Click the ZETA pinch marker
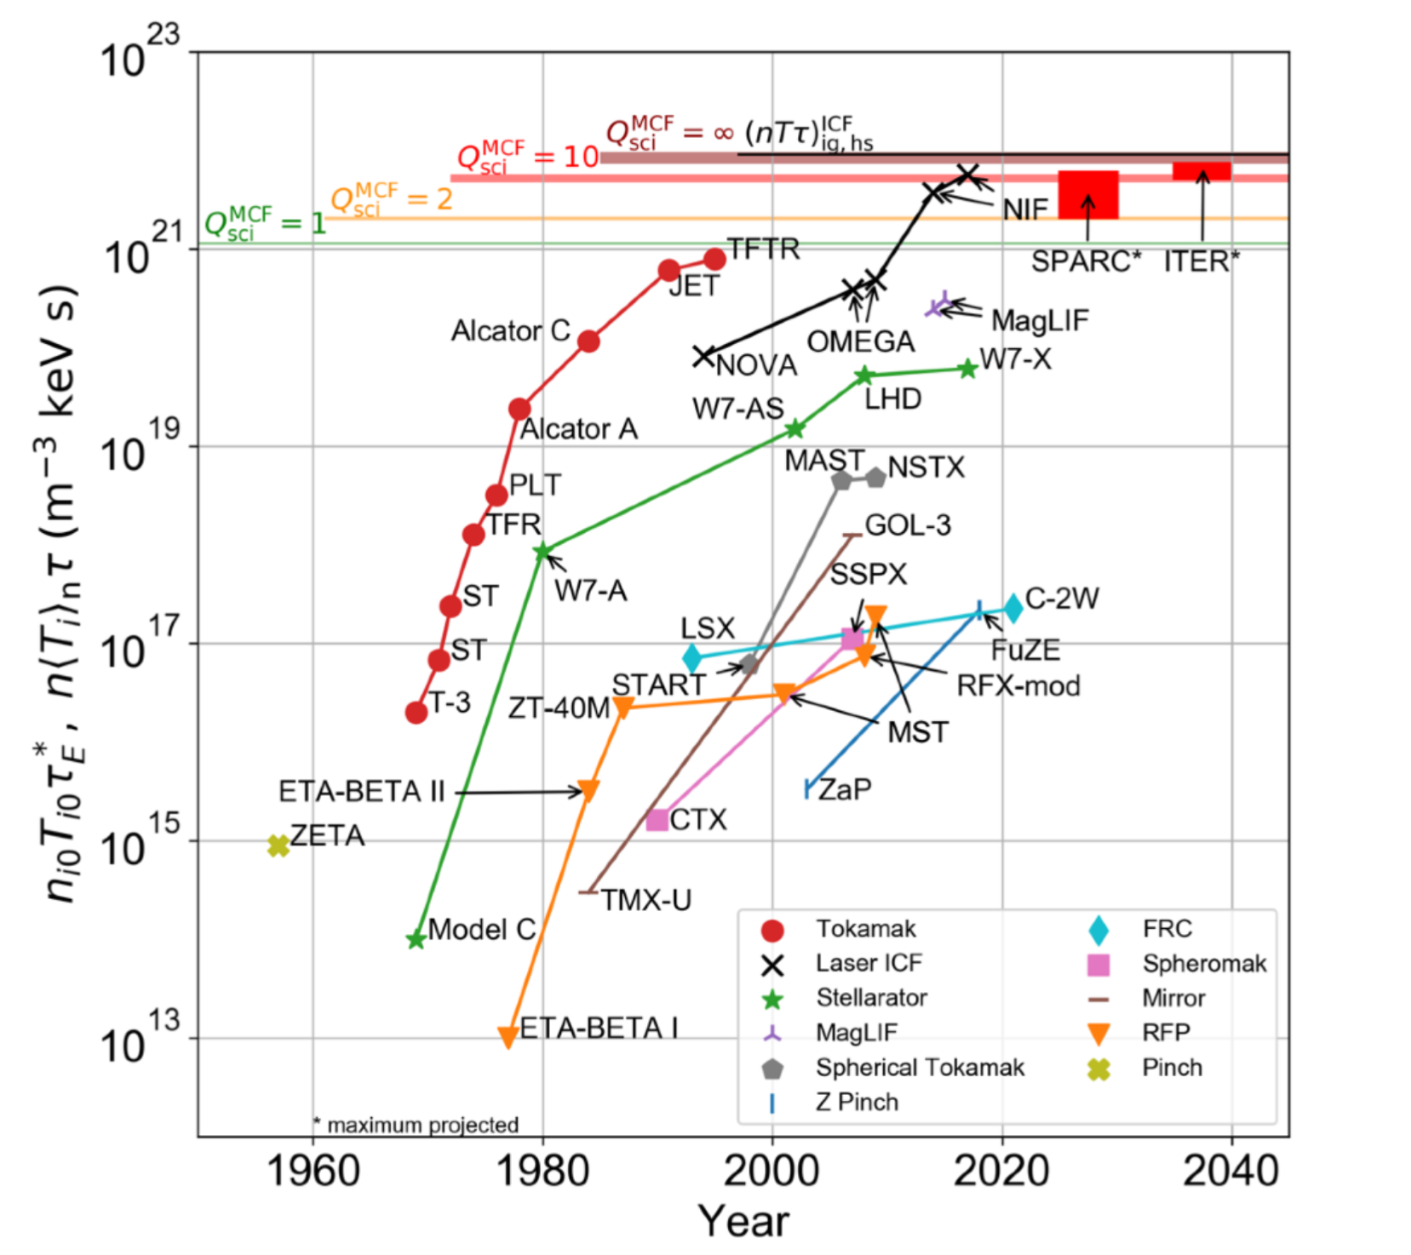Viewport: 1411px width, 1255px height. (x=278, y=845)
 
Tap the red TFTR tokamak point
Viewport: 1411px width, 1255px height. (x=715, y=259)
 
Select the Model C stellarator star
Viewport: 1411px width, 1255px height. (x=416, y=940)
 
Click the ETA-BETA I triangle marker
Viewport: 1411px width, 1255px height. (x=508, y=1036)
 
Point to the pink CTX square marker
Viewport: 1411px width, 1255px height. (x=657, y=820)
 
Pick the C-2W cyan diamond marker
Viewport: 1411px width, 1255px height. (x=1012, y=608)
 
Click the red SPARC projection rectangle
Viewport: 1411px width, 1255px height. (x=1087, y=195)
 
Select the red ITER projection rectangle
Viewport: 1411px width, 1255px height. (x=1202, y=170)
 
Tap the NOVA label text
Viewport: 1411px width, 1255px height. (x=756, y=366)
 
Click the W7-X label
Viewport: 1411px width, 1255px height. (x=1016, y=359)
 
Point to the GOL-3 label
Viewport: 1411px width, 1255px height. (x=908, y=525)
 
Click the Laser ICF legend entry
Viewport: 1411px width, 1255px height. (x=869, y=963)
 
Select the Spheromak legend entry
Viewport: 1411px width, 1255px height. (x=1203, y=964)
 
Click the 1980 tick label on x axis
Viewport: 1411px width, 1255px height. (x=542, y=1172)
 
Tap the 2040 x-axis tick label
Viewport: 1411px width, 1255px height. (x=1230, y=1172)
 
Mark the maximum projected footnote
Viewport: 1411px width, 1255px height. (x=417, y=1126)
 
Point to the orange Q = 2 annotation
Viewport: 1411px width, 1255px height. (x=391, y=199)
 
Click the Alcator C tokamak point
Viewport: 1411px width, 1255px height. (x=588, y=341)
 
